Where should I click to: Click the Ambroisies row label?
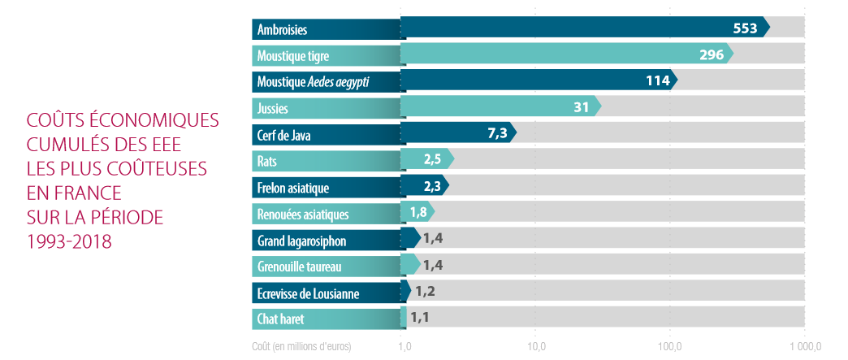tap(282, 30)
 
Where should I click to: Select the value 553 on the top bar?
tap(745, 28)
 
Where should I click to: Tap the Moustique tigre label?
tap(292, 56)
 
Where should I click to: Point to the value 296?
tap(712, 54)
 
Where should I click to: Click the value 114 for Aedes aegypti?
tap(656, 80)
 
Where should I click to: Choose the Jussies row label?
tap(273, 108)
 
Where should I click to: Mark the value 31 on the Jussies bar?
tap(581, 106)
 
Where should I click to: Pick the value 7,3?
tap(497, 133)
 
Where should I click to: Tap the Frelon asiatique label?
tap(292, 188)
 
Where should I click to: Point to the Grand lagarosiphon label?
tap(301, 241)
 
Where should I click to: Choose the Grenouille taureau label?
tap(299, 267)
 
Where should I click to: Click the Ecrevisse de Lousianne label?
tap(308, 293)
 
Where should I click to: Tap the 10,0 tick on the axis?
tap(535, 347)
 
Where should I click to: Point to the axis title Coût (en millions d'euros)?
tap(301, 347)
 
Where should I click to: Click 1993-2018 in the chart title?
tap(68, 242)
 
